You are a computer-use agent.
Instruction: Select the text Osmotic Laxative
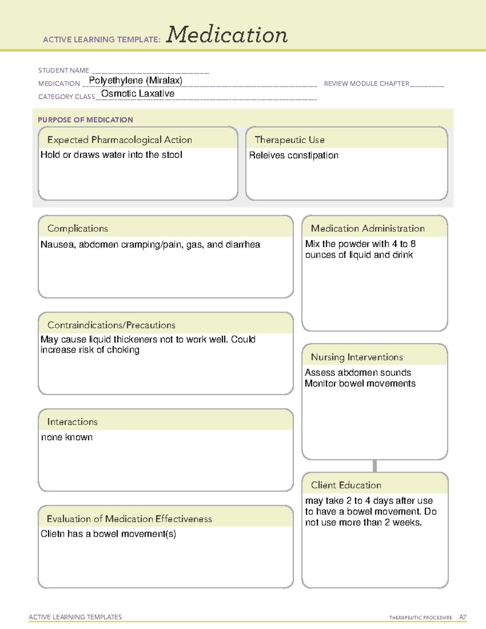pos(138,94)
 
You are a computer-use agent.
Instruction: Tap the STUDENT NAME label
pos(64,70)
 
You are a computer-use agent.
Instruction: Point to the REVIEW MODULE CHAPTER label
pos(367,83)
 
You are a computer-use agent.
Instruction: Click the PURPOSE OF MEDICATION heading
pos(85,120)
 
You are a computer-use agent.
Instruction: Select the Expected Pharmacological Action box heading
pos(119,140)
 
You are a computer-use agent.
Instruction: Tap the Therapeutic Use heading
pos(289,140)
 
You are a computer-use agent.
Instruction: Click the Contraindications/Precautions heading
pos(111,325)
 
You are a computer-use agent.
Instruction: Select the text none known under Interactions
pos(67,437)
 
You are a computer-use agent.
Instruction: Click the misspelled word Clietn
pos(53,534)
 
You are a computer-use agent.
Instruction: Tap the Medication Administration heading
pos(367,228)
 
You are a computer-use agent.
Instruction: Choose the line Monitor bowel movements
pos(360,384)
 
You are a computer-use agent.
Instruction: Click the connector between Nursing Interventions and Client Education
pos(375,466)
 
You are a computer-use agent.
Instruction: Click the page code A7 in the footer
pos(463,617)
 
